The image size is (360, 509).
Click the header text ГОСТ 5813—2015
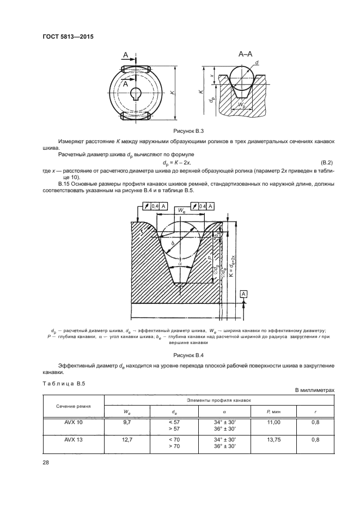(66, 37)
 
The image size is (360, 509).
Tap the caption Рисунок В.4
(188, 354)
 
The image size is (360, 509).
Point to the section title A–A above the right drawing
(245, 54)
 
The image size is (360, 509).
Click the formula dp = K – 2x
(183, 163)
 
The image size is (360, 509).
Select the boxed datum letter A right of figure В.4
(244, 295)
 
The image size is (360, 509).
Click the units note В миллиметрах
(314, 390)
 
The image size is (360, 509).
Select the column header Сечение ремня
(73, 407)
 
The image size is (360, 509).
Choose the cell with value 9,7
(128, 422)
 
